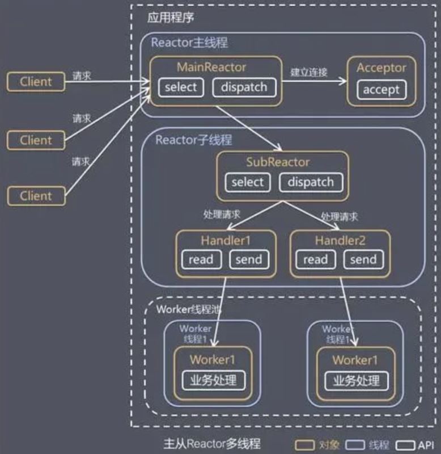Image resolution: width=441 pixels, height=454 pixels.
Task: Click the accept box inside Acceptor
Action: coord(381,90)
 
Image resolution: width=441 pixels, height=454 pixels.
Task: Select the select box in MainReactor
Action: coord(181,87)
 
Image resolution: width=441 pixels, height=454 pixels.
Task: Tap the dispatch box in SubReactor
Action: coord(311,182)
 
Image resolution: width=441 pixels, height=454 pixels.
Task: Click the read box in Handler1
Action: coord(201,259)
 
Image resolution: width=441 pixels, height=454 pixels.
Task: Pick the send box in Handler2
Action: coord(363,259)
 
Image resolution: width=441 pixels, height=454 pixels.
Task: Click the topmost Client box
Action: coord(36,82)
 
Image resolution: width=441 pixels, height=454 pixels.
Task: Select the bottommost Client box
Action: coord(36,196)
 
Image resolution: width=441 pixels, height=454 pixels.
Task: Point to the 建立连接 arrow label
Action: coord(308,72)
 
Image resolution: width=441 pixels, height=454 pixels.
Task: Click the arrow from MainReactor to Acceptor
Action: coord(315,81)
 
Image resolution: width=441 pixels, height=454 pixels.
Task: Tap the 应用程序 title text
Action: coord(170,18)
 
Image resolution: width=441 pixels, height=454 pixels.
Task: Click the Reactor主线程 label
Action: coord(189,43)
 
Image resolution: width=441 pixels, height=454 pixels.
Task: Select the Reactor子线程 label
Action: coord(194,140)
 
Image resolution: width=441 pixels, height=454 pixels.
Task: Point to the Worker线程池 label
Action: coord(189,309)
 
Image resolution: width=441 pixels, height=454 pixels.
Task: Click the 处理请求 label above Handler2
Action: coord(340,217)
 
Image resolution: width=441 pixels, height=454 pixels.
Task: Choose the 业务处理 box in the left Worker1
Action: coord(214,380)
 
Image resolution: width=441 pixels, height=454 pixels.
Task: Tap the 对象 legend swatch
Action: coord(304,445)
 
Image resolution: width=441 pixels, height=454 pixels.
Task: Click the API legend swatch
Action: coord(405,445)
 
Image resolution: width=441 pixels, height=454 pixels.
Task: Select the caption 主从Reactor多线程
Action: coord(211,444)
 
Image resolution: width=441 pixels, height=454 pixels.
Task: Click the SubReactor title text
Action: coord(278,162)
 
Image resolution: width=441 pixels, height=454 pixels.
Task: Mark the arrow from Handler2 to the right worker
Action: coord(348,312)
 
